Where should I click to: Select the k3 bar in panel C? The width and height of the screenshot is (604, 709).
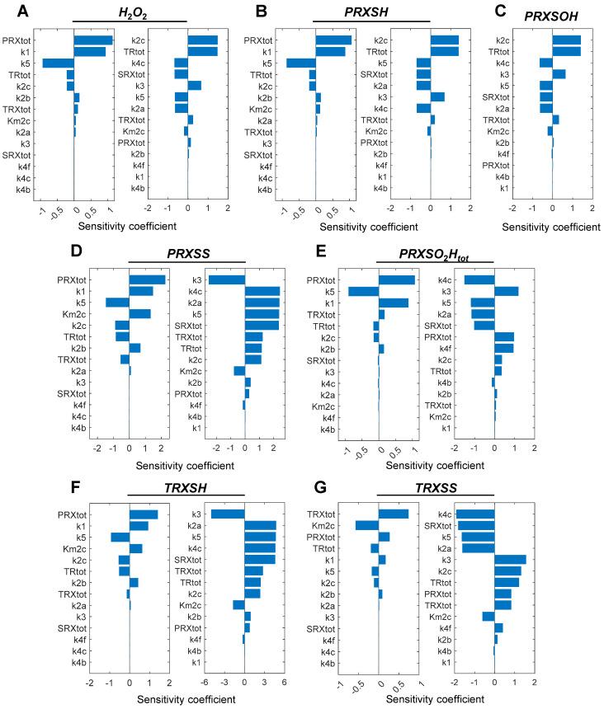tap(559, 74)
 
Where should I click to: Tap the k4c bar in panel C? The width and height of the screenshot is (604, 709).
tap(545, 63)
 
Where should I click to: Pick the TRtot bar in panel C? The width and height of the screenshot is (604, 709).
tap(566, 51)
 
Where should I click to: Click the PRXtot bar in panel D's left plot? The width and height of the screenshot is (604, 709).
tap(147, 279)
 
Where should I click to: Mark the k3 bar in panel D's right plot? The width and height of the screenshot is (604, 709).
tap(226, 279)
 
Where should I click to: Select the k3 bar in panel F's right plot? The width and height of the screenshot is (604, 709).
tap(228, 514)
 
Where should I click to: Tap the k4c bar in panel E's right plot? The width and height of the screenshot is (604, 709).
tap(479, 279)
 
